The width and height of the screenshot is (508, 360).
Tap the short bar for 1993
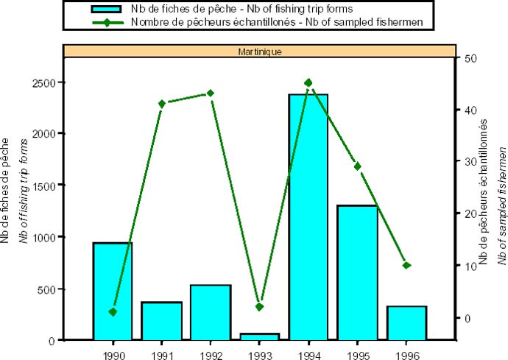[x=259, y=336]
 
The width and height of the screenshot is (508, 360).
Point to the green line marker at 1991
[x=162, y=103]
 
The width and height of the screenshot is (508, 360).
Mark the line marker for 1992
[x=211, y=93]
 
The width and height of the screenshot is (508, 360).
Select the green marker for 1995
[x=357, y=166]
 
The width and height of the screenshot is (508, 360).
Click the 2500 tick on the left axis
[x=46, y=82]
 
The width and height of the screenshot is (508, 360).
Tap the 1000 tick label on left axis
[x=46, y=237]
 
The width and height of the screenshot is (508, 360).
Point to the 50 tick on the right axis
[x=468, y=58]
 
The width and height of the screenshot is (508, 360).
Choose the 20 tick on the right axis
[x=468, y=214]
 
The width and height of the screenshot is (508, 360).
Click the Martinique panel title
[x=259, y=52]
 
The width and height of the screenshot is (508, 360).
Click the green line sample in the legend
[x=109, y=22]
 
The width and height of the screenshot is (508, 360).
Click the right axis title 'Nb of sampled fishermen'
[x=501, y=206]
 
